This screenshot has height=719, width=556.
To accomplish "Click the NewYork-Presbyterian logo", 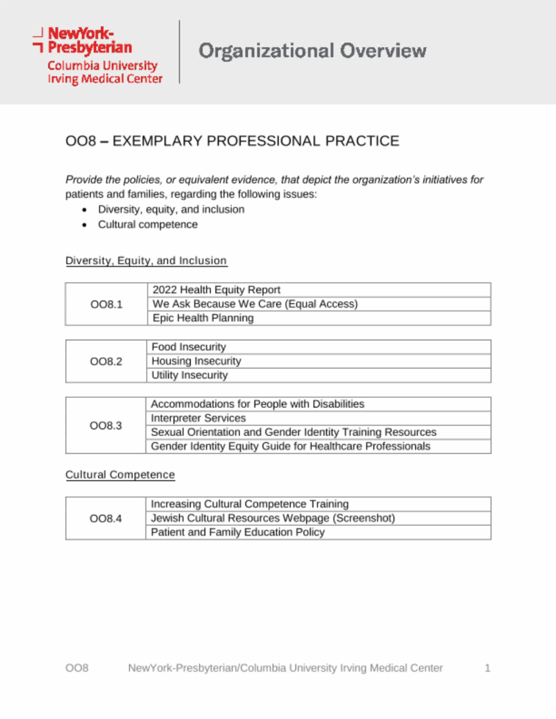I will pyautogui.click(x=98, y=55).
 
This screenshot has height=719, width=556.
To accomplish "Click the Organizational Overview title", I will pyautogui.click(x=312, y=51).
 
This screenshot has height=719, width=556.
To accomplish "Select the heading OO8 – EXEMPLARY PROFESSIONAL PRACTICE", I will pyautogui.click(x=232, y=141).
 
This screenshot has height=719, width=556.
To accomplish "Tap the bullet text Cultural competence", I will pyautogui.click(x=148, y=225).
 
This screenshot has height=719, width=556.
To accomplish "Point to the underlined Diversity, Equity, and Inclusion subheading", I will pyautogui.click(x=146, y=260).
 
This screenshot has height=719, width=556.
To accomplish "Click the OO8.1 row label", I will pyautogui.click(x=106, y=304).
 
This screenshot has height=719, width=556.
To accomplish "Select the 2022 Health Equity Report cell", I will pyautogui.click(x=216, y=290).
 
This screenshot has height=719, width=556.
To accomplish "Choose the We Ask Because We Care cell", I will pyautogui.click(x=255, y=304).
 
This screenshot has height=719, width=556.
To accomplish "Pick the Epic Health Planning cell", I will pyautogui.click(x=203, y=318).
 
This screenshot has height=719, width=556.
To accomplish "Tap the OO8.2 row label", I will pyautogui.click(x=106, y=361).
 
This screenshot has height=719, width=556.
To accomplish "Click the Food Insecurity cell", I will pyautogui.click(x=188, y=347).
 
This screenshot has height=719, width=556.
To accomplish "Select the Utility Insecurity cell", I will pyautogui.click(x=189, y=375).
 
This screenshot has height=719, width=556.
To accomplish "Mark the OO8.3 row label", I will pyautogui.click(x=106, y=425).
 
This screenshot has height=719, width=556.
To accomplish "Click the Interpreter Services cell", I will pyautogui.click(x=198, y=418).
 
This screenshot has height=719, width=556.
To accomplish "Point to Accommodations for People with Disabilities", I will pyautogui.click(x=257, y=404).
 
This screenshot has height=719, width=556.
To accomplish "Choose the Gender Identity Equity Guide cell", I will pyautogui.click(x=290, y=447).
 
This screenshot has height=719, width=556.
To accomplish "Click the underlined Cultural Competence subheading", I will pyautogui.click(x=120, y=475).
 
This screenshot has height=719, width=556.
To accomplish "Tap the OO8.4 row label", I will pyautogui.click(x=106, y=519).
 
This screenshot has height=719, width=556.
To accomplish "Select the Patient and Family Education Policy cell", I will pyautogui.click(x=237, y=532).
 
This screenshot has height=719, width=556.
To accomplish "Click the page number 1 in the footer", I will pyautogui.click(x=488, y=668).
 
